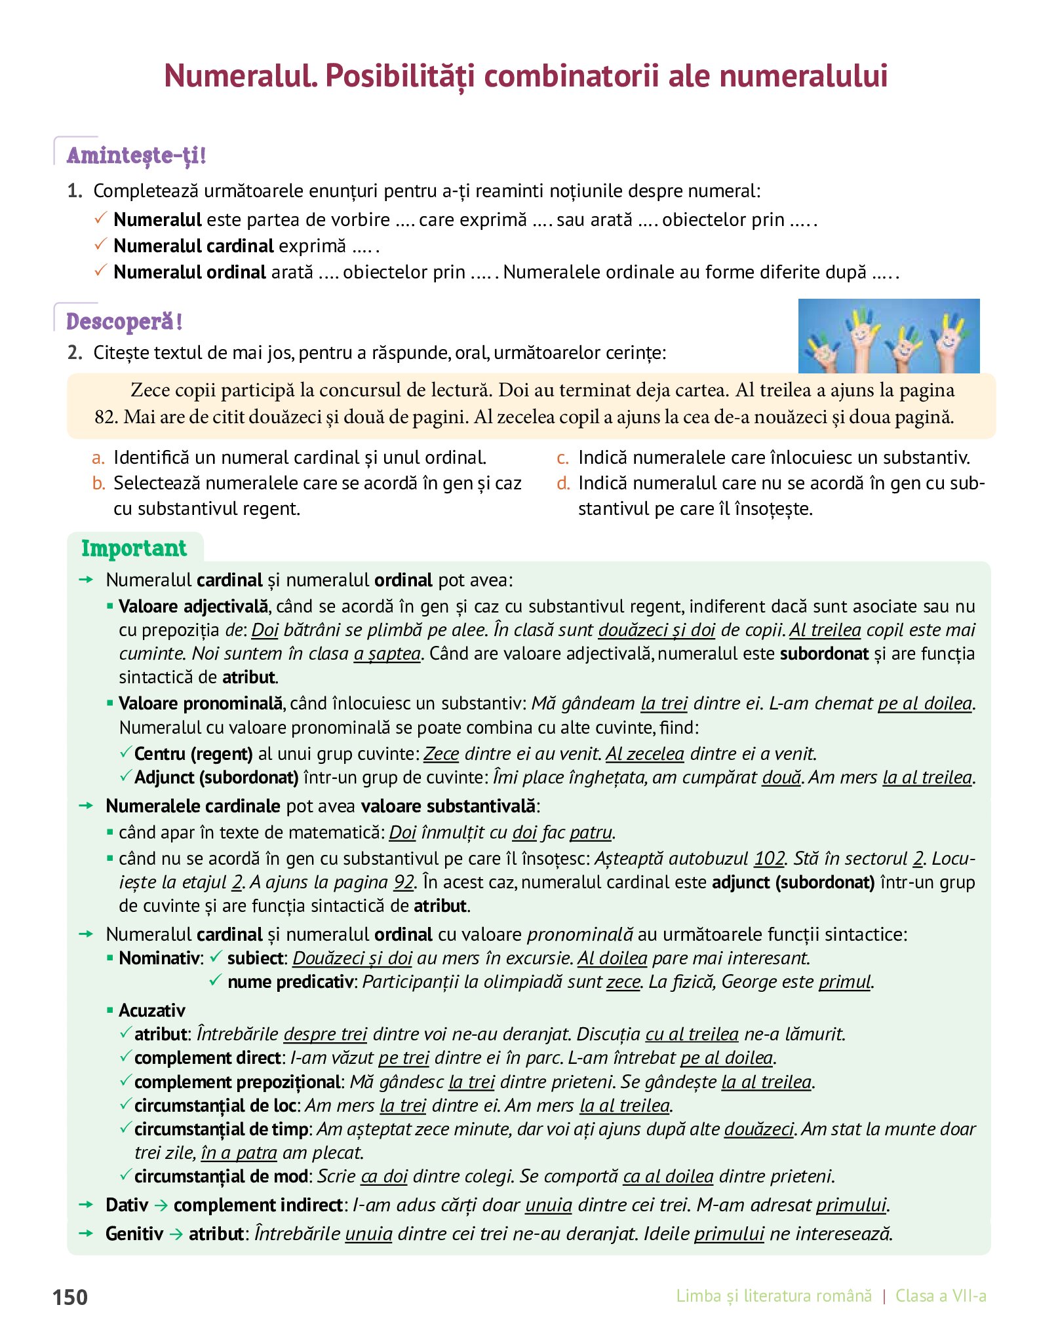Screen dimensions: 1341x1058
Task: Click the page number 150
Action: click(x=70, y=1296)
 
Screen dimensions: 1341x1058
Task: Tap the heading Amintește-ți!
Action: click(x=136, y=155)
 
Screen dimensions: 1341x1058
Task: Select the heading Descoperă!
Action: click(x=124, y=322)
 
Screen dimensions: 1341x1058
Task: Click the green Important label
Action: click(x=134, y=548)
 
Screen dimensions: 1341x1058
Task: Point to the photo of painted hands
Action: click(x=888, y=336)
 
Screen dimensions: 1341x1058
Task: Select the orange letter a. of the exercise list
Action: click(x=98, y=457)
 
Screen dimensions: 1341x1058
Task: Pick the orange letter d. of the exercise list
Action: click(x=563, y=483)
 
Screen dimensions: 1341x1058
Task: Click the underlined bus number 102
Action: click(x=769, y=858)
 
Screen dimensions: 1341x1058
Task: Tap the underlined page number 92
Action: click(x=404, y=882)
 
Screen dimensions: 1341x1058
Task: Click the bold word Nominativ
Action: click(x=159, y=958)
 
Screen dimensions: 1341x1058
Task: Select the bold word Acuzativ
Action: click(x=152, y=1010)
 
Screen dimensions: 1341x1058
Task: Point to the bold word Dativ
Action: click(x=127, y=1205)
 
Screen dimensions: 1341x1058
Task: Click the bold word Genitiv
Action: click(x=134, y=1234)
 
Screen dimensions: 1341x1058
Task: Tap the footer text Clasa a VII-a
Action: click(x=941, y=1296)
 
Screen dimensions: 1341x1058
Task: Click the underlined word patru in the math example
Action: click(x=591, y=833)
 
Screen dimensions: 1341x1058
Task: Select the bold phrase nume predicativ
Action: click(x=290, y=982)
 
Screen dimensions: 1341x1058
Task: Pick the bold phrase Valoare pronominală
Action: click(x=201, y=704)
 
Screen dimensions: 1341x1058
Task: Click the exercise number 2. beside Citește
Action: click(x=75, y=352)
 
